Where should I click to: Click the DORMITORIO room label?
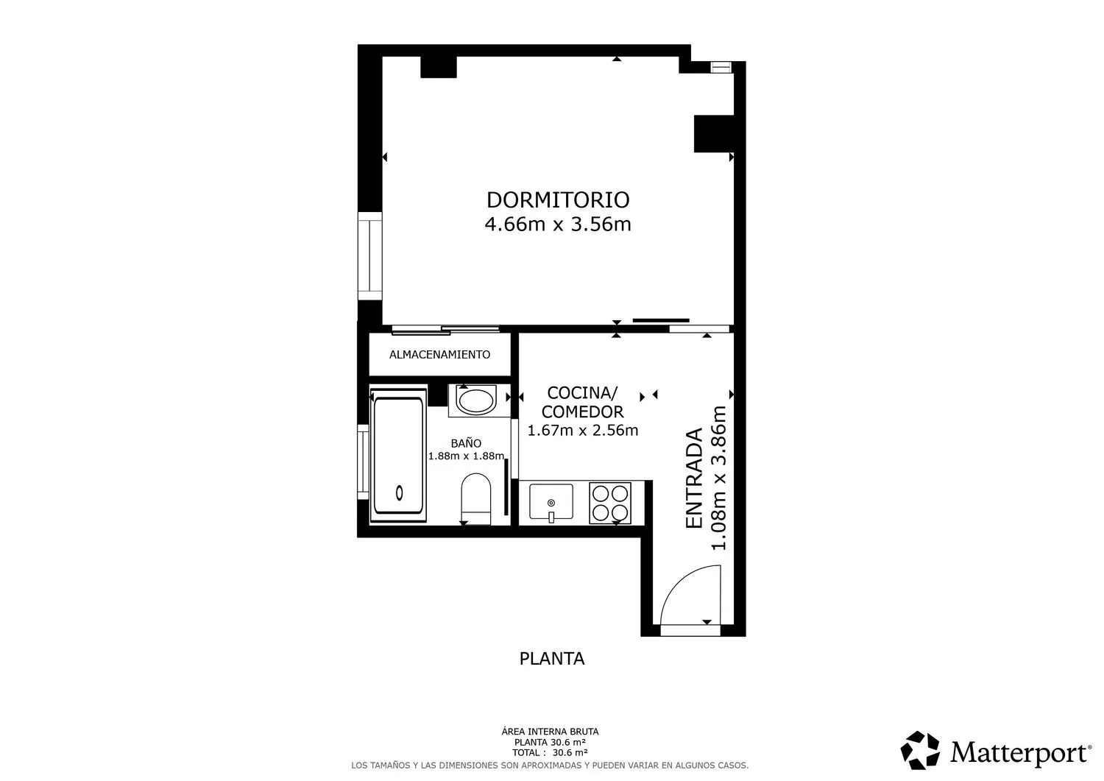coord(558,200)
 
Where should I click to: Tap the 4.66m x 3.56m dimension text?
coord(558,225)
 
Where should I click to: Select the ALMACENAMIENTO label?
coord(439,355)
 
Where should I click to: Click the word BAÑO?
coord(466,443)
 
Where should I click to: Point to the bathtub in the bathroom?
coord(398,455)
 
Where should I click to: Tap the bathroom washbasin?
coord(476,400)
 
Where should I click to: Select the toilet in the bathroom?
coord(475,498)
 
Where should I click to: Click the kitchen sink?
coord(551,501)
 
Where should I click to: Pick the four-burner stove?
coord(610,503)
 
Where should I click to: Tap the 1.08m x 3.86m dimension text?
coord(719,478)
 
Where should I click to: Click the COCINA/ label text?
coord(582,393)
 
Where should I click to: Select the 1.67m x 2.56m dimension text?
coord(583,431)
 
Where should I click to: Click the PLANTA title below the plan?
coord(552,659)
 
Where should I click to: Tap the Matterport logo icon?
coord(920,750)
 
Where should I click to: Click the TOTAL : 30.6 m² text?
coord(550,752)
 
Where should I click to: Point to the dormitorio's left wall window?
coord(369,256)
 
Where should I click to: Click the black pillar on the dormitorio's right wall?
coord(714,134)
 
